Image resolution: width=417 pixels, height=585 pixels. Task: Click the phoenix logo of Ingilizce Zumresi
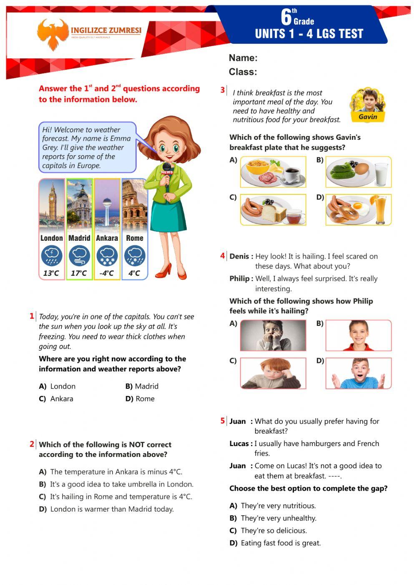(x=52, y=34)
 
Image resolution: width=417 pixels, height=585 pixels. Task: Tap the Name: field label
(x=243, y=58)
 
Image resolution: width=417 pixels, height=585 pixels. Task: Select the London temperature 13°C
(x=51, y=273)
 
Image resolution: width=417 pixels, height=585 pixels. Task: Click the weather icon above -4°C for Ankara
(x=107, y=256)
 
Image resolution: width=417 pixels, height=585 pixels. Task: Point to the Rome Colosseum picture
(x=135, y=204)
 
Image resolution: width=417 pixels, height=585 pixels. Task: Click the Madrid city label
(x=79, y=238)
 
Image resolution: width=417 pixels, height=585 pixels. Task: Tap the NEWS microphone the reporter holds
(x=167, y=171)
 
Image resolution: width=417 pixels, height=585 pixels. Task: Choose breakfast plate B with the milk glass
(x=358, y=172)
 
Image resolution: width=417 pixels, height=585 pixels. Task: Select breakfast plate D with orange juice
(x=358, y=209)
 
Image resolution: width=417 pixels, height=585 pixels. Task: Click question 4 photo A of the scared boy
(x=273, y=335)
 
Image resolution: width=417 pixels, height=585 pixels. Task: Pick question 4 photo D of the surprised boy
(x=358, y=373)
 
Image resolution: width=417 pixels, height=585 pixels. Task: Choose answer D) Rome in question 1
(x=140, y=398)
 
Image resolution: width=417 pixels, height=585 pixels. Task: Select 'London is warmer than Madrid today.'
(x=111, y=509)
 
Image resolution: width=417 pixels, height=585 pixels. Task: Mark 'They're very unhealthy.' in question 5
(x=278, y=518)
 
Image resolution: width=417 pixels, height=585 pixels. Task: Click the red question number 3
(x=223, y=90)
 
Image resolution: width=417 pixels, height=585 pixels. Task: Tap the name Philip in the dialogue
(x=240, y=278)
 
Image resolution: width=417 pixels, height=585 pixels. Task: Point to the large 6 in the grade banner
(x=286, y=18)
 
